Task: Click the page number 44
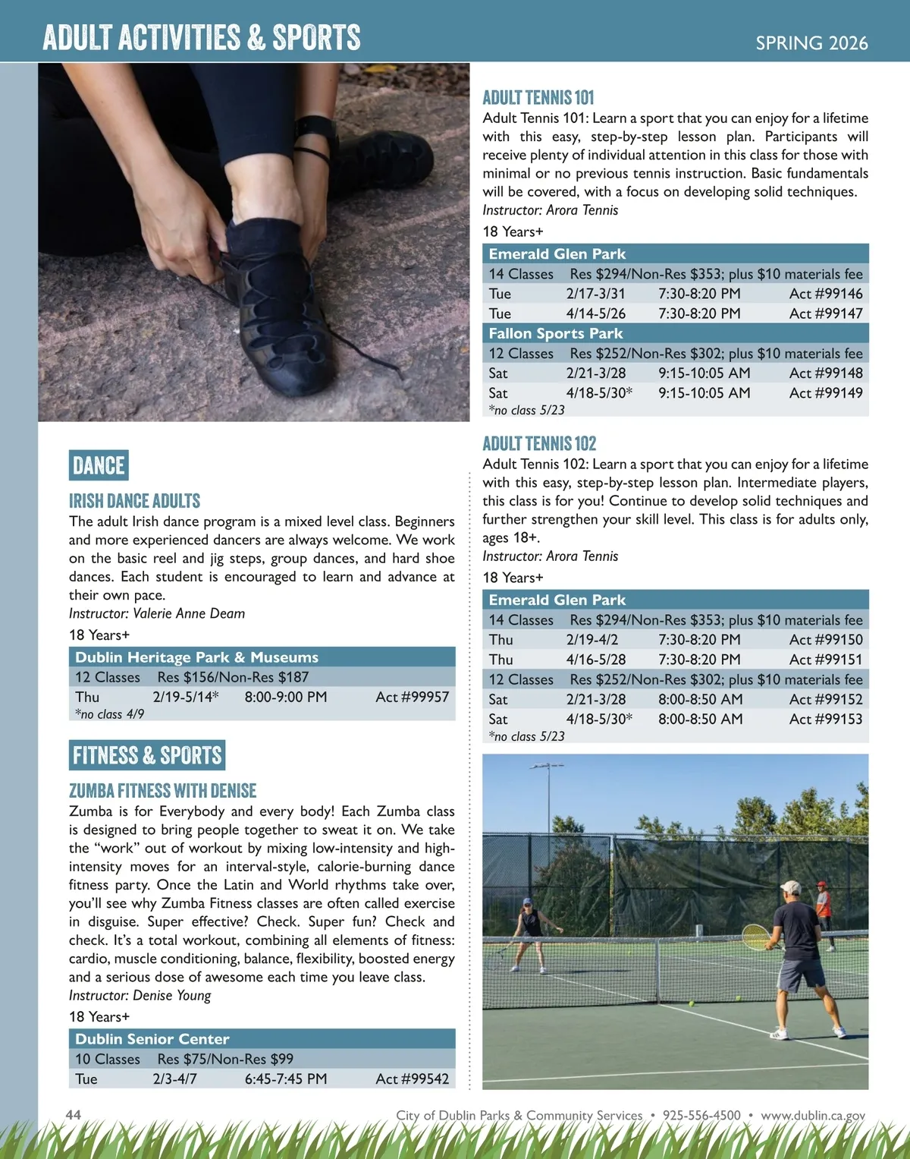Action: coord(74,1114)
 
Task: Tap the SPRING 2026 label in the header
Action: coord(811,43)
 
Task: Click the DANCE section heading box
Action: coord(99,465)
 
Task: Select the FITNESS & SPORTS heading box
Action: coord(147,755)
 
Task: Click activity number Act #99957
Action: coord(412,697)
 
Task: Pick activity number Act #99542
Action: coord(412,1079)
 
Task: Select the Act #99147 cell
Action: coord(825,313)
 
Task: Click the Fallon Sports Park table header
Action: coord(556,333)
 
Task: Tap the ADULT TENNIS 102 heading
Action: coord(539,443)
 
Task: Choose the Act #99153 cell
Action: coord(825,719)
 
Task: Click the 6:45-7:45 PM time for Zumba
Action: coord(286,1079)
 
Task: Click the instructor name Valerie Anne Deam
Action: coord(189,613)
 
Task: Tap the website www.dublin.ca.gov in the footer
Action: coord(813,1115)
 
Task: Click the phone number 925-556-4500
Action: coord(701,1115)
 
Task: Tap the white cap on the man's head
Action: coord(791,887)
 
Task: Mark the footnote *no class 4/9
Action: coord(109,714)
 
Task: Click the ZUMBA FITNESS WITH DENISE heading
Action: coord(163,791)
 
